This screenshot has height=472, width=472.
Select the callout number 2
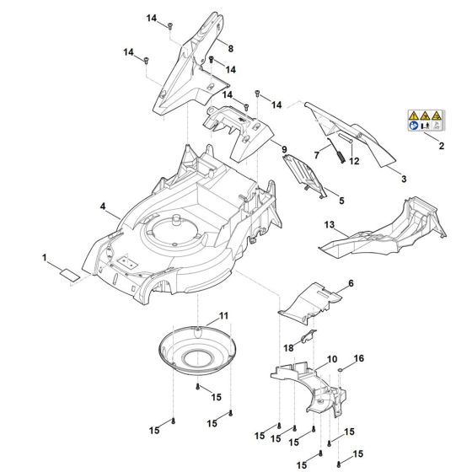click(x=441, y=147)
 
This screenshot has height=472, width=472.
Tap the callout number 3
click(x=403, y=180)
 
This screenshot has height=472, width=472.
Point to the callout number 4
click(x=102, y=206)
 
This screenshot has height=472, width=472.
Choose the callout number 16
click(x=358, y=358)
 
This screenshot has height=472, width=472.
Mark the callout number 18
click(x=288, y=347)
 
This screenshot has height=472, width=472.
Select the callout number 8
click(x=230, y=49)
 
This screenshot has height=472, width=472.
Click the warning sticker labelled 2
click(x=428, y=121)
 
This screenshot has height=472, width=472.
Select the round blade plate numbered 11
click(x=200, y=345)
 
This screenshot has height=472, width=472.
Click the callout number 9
click(x=284, y=150)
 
